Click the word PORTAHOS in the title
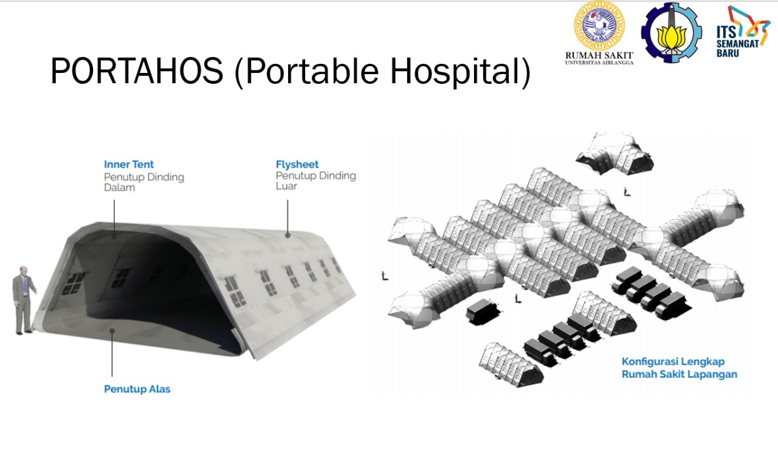pyautogui.click(x=137, y=70)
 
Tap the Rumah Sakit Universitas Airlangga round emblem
pyautogui.click(x=599, y=25)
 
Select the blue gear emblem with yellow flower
pyautogui.click(x=672, y=33)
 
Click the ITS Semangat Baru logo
pyautogui.click(x=743, y=31)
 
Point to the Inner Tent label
pyautogui.click(x=128, y=164)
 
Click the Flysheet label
pyautogui.click(x=297, y=164)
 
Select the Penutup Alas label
pyautogui.click(x=137, y=389)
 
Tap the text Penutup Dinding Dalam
pyautogui.click(x=144, y=182)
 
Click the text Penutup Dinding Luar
pyautogui.click(x=315, y=180)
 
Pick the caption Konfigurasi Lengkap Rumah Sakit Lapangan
pyautogui.click(x=680, y=368)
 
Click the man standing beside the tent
pyautogui.click(x=24, y=300)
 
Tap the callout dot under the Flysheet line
pyautogui.click(x=287, y=236)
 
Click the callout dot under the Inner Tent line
pyautogui.click(x=114, y=236)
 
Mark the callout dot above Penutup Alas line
pyautogui.click(x=112, y=331)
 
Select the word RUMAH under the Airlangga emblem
pyautogui.click(x=582, y=55)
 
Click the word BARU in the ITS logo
pyautogui.click(x=728, y=53)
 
